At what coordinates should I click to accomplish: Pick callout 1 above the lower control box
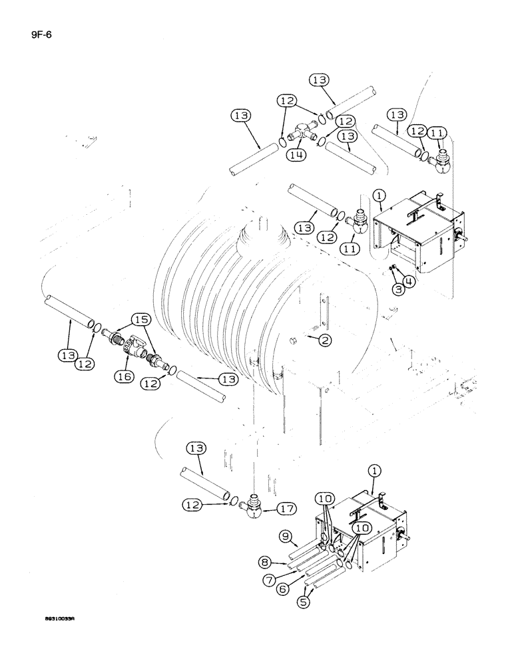(x=374, y=471)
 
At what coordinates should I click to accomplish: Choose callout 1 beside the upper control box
(x=378, y=197)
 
